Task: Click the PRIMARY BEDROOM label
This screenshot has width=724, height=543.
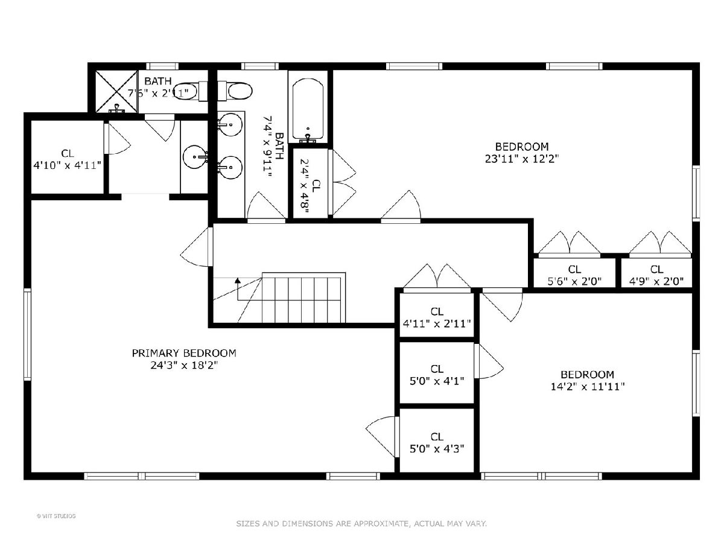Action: (x=184, y=353)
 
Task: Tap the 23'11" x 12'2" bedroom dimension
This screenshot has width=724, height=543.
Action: (x=522, y=159)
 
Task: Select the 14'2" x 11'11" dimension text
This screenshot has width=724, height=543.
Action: (x=588, y=386)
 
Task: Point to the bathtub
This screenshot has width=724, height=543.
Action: (x=308, y=109)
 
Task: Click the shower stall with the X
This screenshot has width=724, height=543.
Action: (x=116, y=92)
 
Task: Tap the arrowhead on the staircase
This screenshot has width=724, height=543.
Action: (x=238, y=281)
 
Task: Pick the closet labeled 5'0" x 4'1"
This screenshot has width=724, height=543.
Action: (x=437, y=373)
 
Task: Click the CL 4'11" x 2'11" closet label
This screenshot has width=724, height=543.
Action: (x=437, y=317)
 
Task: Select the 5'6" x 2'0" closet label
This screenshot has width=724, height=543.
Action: (x=574, y=275)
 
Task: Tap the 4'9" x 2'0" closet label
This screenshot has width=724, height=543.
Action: (x=656, y=275)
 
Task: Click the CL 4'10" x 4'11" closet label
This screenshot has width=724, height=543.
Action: (x=68, y=159)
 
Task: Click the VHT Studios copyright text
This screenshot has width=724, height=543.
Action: (x=56, y=516)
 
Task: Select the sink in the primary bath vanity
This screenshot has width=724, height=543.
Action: (x=195, y=157)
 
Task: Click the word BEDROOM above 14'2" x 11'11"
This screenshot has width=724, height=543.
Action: (x=588, y=375)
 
